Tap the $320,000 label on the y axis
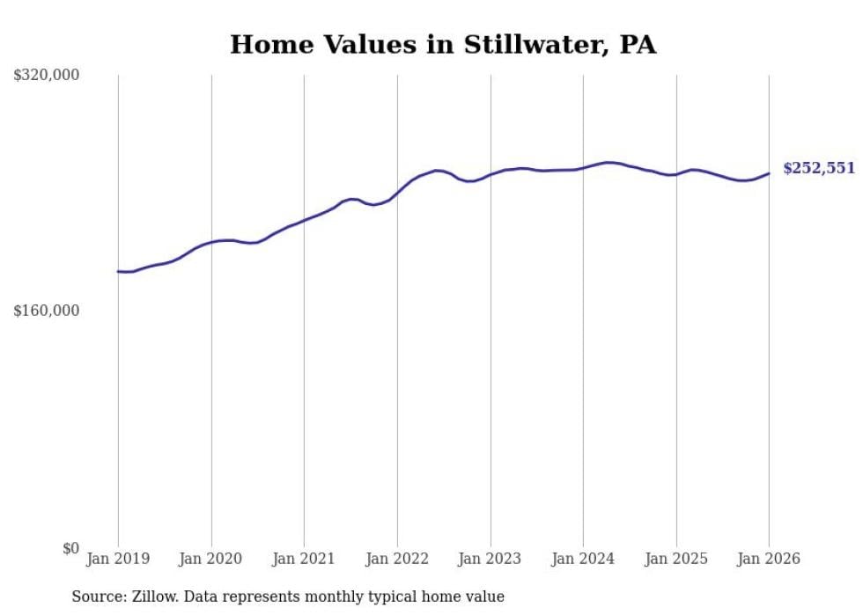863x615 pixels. click(47, 76)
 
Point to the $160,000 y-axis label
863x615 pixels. click(47, 311)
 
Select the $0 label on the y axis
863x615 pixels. click(70, 548)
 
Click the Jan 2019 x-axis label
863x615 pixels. click(118, 559)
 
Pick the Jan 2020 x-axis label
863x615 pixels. click(211, 559)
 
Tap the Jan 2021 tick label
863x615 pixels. click(304, 559)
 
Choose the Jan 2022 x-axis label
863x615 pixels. click(397, 559)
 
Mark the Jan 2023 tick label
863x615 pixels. click(491, 559)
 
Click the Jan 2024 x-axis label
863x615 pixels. click(583, 559)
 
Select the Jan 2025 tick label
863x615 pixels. click(676, 559)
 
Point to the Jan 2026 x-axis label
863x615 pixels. click(769, 559)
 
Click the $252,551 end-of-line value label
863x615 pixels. click(819, 168)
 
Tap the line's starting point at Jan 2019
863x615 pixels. click(118, 271)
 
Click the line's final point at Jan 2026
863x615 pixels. click(769, 173)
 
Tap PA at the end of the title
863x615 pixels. click(638, 45)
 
